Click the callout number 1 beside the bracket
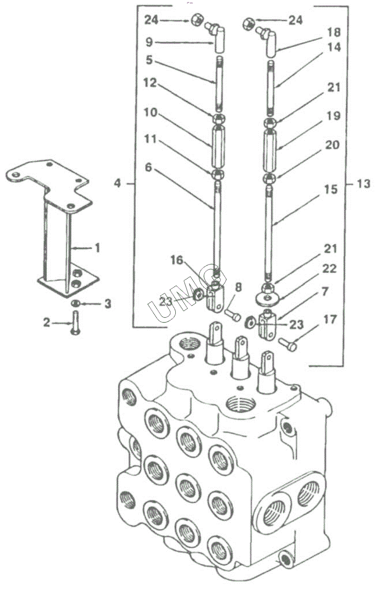point(97,248)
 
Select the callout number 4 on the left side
point(117,183)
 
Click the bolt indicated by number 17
point(288,344)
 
